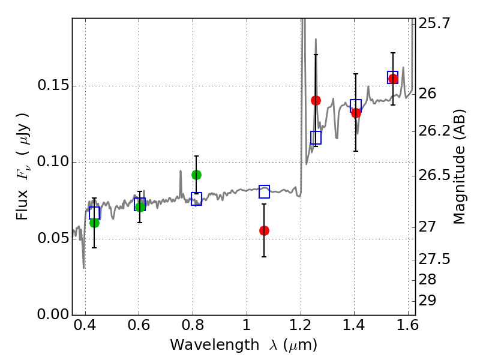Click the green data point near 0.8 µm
[196, 175]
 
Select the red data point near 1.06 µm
[264, 230]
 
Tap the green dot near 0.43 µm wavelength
[94, 223]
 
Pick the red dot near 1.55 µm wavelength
[393, 79]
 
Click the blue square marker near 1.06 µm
[264, 191]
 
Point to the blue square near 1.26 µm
[316, 137]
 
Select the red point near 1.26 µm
[316, 100]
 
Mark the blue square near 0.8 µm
[196, 199]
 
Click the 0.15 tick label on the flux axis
[53, 85]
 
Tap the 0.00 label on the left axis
[53, 314]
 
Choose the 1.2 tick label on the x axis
[301, 325]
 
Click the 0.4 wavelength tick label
[85, 325]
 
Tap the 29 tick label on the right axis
[427, 301]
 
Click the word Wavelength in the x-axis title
[215, 345]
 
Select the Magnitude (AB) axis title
[459, 167]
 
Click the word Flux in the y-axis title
[22, 205]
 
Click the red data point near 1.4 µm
[356, 113]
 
